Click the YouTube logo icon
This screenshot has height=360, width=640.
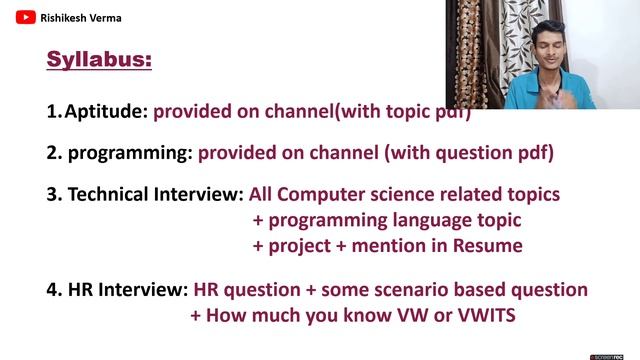pos(24,17)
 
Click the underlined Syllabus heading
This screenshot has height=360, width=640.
pos(99,60)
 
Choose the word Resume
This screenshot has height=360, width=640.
pos(490,245)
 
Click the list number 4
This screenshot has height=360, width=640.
pos(53,290)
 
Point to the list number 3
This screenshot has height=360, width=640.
pos(53,194)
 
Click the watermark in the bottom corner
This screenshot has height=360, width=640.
pos(612,355)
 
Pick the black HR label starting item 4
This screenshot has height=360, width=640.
pos(80,290)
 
